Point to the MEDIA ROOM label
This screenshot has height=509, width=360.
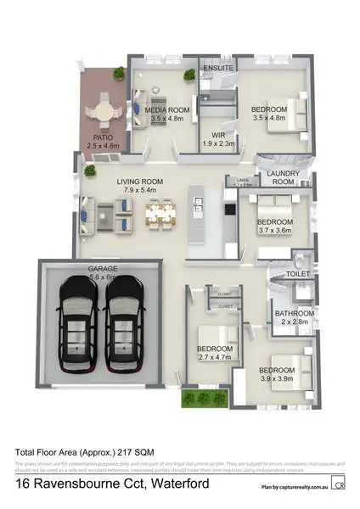coord(166,110)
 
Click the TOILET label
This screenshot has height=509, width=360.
coord(296,275)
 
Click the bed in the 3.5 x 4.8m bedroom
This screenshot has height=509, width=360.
coord(289,109)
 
